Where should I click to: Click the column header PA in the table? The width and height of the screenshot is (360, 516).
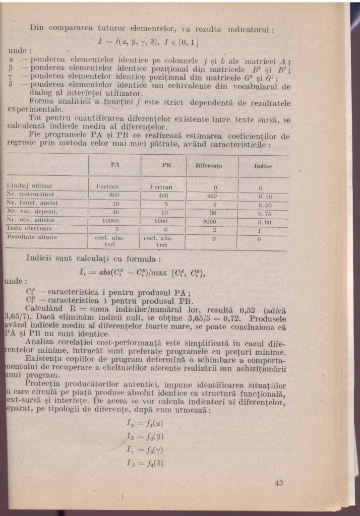click(x=114, y=165)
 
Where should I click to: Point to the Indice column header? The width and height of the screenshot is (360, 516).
click(x=264, y=166)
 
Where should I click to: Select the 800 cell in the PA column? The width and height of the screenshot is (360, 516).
click(x=114, y=195)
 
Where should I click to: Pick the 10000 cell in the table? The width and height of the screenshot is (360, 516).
click(x=114, y=220)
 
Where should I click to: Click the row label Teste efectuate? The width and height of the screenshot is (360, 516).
click(x=30, y=228)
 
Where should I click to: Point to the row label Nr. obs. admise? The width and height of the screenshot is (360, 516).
click(x=31, y=220)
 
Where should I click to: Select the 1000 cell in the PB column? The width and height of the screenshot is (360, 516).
click(x=161, y=220)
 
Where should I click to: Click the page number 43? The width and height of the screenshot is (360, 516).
click(x=280, y=483)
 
